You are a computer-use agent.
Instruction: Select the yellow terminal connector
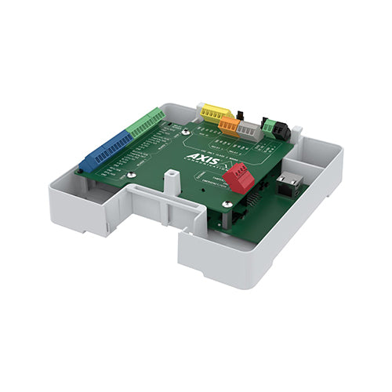pos(212,112)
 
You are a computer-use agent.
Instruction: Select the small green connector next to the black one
pos(269,125)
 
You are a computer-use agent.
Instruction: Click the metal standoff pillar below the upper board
pos(223,219)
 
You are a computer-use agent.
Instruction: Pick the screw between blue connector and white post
pos(128,177)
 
